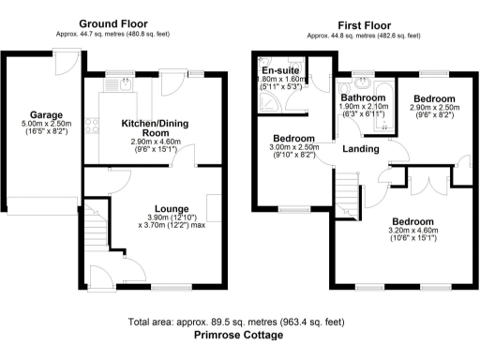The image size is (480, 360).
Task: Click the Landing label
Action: pos(361,149)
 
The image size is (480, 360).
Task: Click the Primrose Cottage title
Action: pos(239,335)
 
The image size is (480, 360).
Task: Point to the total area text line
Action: pos(239,321)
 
